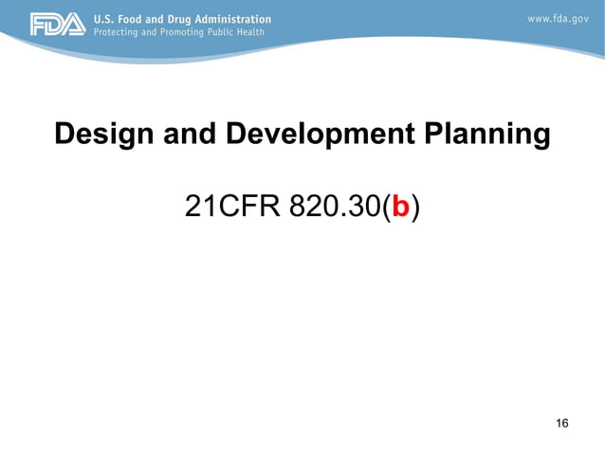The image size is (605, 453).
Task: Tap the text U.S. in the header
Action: (104, 19)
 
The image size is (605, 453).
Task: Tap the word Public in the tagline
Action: (229, 32)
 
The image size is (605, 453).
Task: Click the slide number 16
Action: (562, 423)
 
